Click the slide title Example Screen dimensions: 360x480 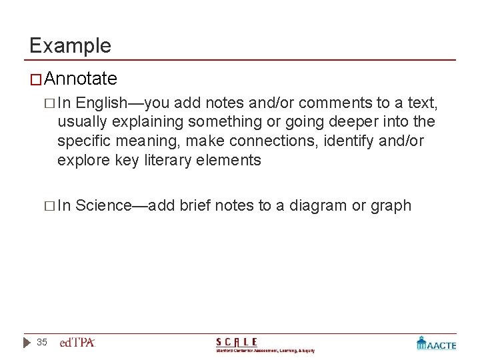[x=70, y=45]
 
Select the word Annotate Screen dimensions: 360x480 [x=81, y=79]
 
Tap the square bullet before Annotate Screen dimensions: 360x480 [x=36, y=80]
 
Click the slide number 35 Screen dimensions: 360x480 [x=42, y=342]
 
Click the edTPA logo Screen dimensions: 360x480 [x=78, y=343]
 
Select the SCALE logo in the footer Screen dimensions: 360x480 [x=265, y=344]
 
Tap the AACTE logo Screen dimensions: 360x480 [x=437, y=343]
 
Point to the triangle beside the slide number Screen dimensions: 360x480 [x=26, y=342]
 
